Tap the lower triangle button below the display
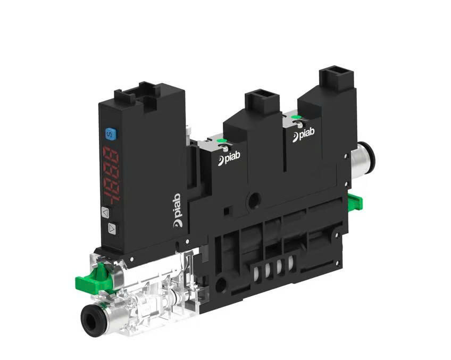click(112, 228)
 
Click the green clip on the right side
click(355, 202)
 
